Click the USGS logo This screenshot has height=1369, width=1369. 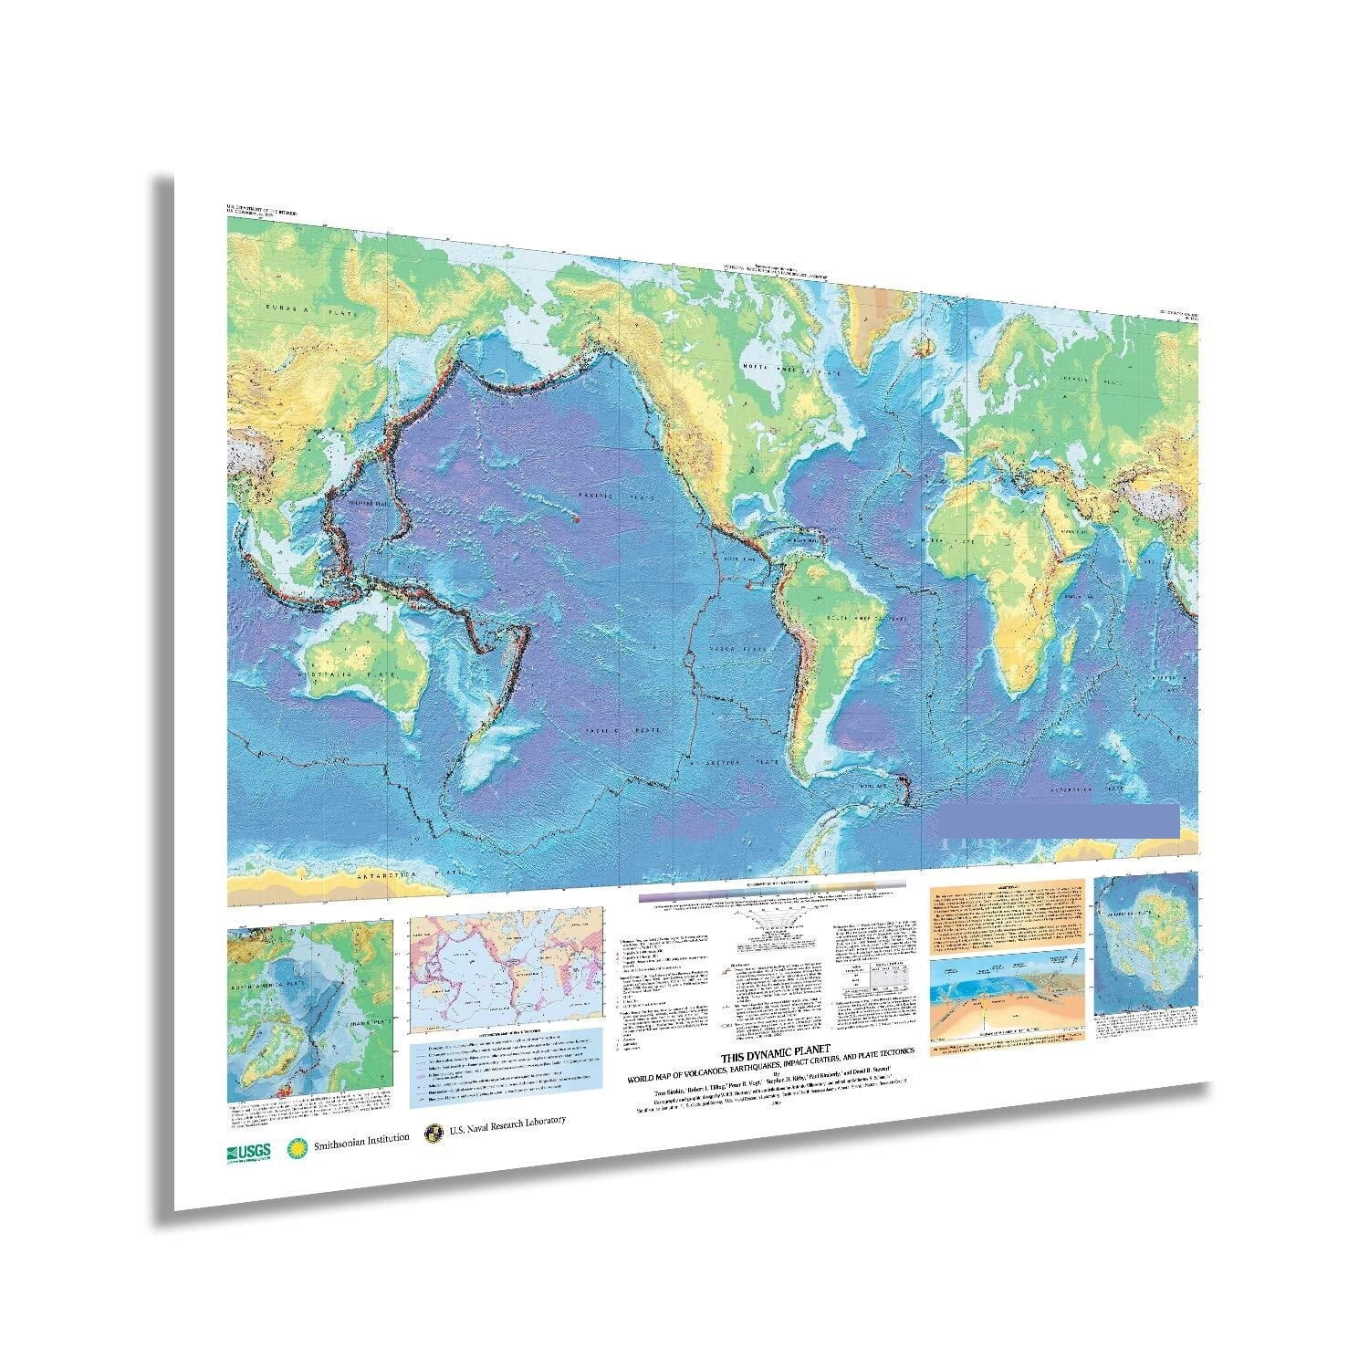coord(248,1151)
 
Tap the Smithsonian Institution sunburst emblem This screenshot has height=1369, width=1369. coord(295,1147)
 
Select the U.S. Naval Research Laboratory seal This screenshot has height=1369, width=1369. coord(434,1134)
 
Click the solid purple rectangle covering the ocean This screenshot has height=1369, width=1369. coord(1059,820)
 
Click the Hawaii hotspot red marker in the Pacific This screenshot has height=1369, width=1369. coord(575,517)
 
